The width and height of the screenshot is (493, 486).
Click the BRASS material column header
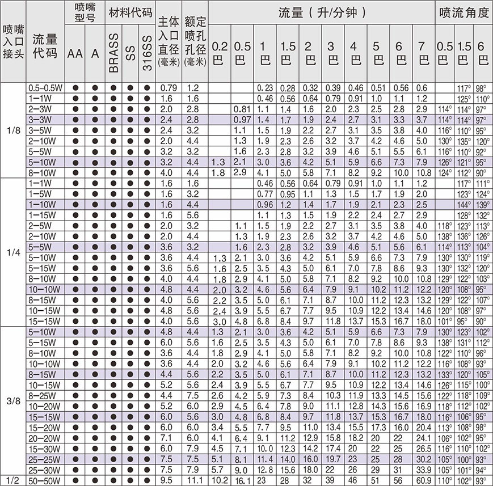tap(113, 53)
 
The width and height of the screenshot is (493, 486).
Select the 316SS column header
tap(148, 53)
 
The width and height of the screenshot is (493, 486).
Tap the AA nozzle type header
tap(75, 53)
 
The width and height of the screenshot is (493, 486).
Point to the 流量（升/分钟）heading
tap(321, 12)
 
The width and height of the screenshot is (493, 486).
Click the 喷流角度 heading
tap(464, 12)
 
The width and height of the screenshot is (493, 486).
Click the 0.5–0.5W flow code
tap(45, 87)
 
